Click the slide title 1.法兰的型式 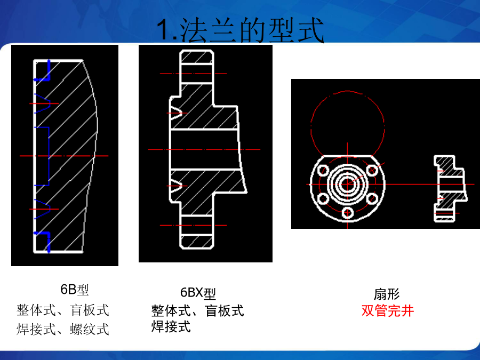(241, 30)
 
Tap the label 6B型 (75, 290)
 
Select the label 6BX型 (198, 293)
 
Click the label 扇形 (387, 294)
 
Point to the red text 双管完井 (388, 311)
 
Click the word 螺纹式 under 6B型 (90, 330)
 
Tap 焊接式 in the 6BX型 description (171, 326)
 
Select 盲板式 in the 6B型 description (90, 310)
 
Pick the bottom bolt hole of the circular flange (348, 212)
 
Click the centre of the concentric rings (347, 185)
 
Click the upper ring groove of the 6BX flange (177, 113)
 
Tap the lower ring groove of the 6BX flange (177, 186)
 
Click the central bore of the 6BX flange (204, 149)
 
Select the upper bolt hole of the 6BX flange (196, 74)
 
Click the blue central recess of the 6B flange (49, 156)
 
